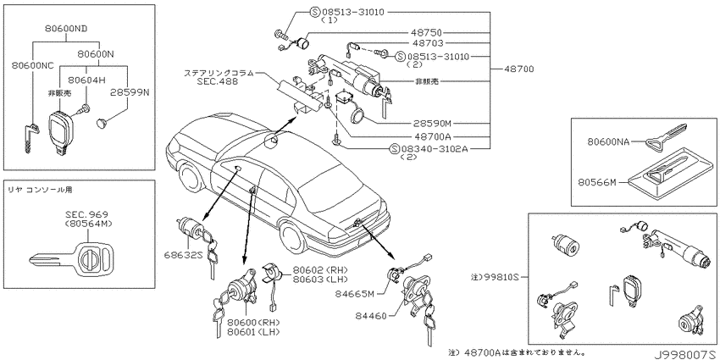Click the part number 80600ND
click(66, 29)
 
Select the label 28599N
click(130, 92)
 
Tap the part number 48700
click(519, 69)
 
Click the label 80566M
click(596, 182)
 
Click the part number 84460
click(370, 315)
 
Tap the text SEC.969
click(86, 214)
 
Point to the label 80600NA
click(608, 142)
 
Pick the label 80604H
click(86, 80)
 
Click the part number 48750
click(427, 32)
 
